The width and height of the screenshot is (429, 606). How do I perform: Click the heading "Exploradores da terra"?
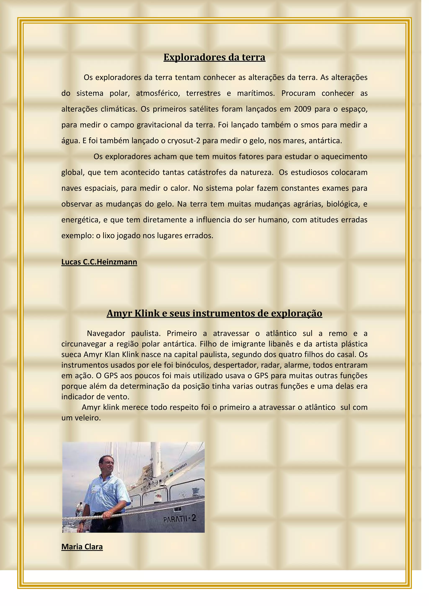point(214,57)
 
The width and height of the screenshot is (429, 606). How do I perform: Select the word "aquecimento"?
point(344,157)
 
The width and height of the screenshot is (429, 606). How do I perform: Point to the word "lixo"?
point(108,236)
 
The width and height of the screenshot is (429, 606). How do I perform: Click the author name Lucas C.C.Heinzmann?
point(99,262)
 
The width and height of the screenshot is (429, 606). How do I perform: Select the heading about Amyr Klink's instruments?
point(214,313)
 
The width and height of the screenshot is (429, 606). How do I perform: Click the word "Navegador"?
point(106,333)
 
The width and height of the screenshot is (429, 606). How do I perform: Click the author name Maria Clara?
point(82,547)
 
